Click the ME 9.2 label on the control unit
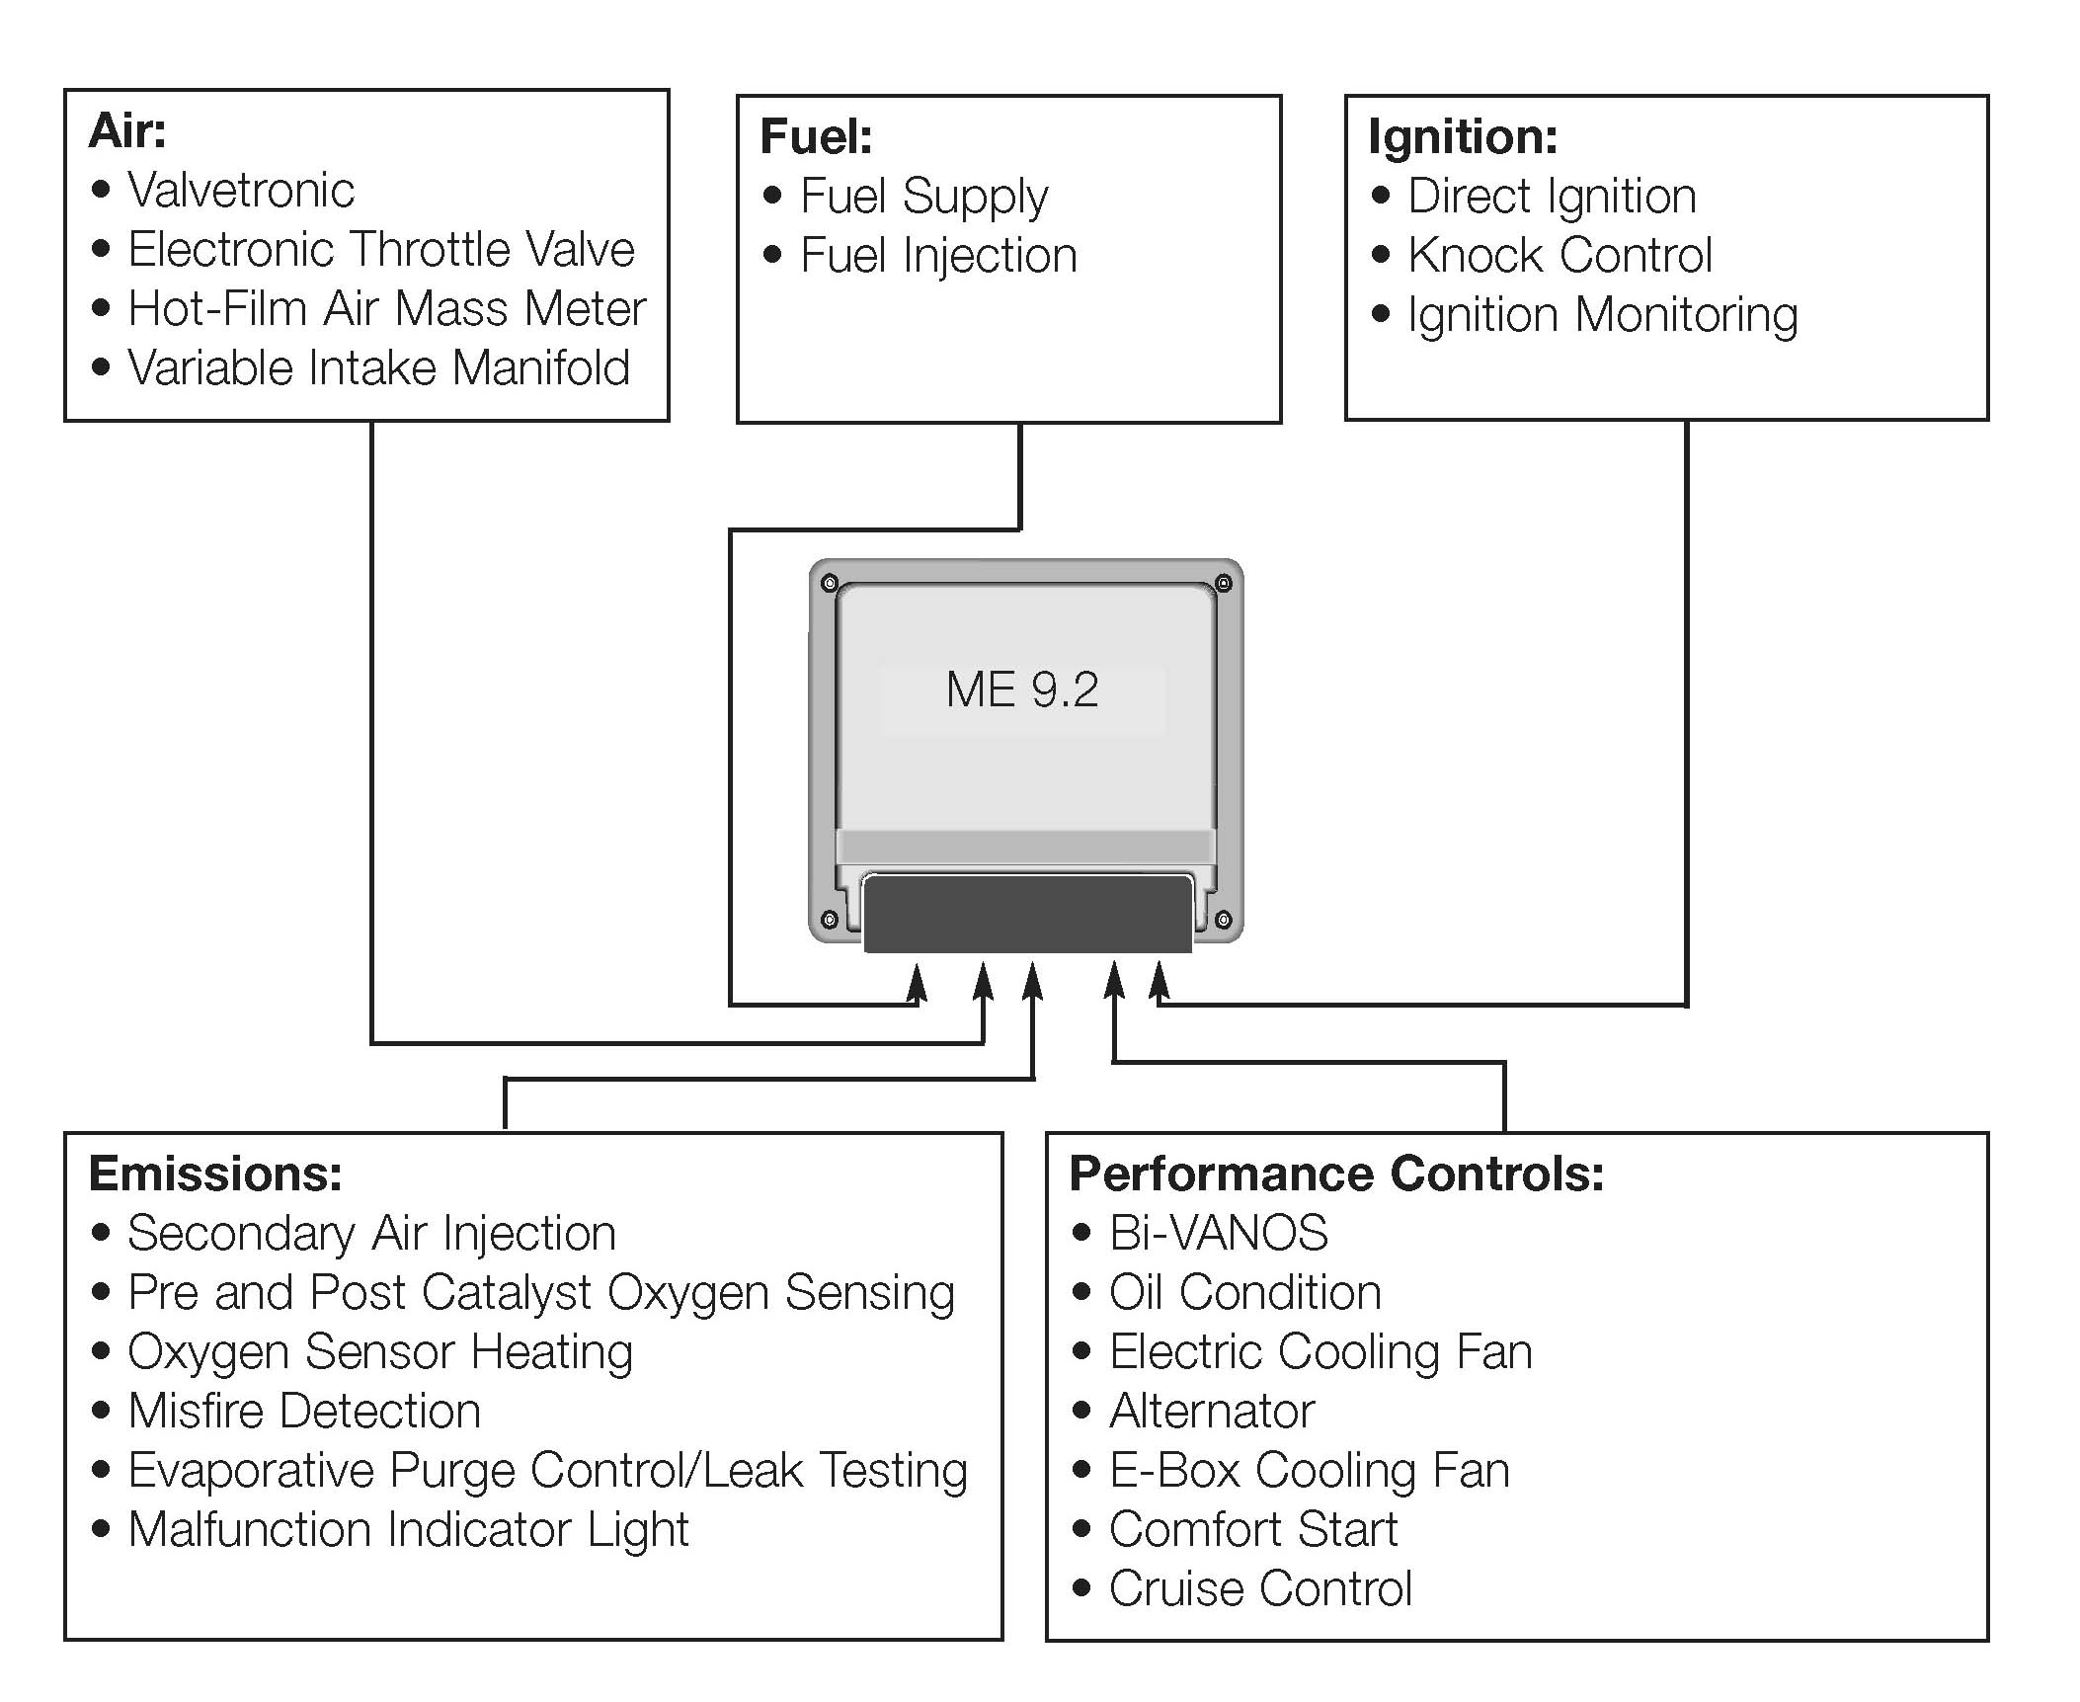point(1022,689)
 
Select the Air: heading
point(127,130)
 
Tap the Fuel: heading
point(816,136)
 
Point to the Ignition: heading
point(1463,136)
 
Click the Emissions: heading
point(215,1174)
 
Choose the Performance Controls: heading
point(1336,1174)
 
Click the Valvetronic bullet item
point(240,190)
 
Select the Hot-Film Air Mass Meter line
point(386,308)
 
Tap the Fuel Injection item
point(938,255)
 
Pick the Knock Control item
point(1560,255)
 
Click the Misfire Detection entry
point(304,1411)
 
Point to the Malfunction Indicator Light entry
point(408,1529)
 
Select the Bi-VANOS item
point(1218,1233)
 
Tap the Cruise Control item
point(1260,1588)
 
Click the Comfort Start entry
point(1253,1529)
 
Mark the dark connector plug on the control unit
point(1027,915)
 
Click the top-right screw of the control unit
point(1223,583)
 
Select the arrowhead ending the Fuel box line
point(918,982)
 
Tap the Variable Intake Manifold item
point(378,367)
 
